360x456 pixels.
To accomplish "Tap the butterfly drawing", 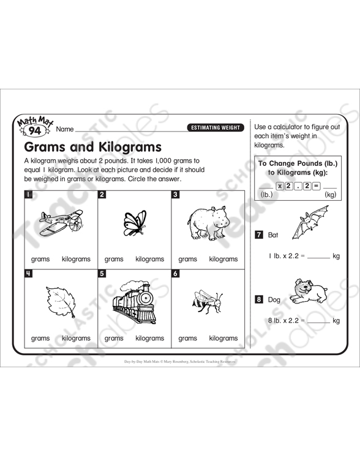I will (135, 223).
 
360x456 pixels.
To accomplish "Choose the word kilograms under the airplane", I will (76, 259).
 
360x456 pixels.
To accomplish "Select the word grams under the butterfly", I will (114, 259).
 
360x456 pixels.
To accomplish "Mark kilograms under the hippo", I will (223, 259).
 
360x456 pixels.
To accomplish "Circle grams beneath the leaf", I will (40, 338).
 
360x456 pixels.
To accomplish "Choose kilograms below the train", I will (149, 338).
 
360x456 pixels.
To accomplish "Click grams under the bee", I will (187, 338).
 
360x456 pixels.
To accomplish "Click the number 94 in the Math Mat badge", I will (35, 130).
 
